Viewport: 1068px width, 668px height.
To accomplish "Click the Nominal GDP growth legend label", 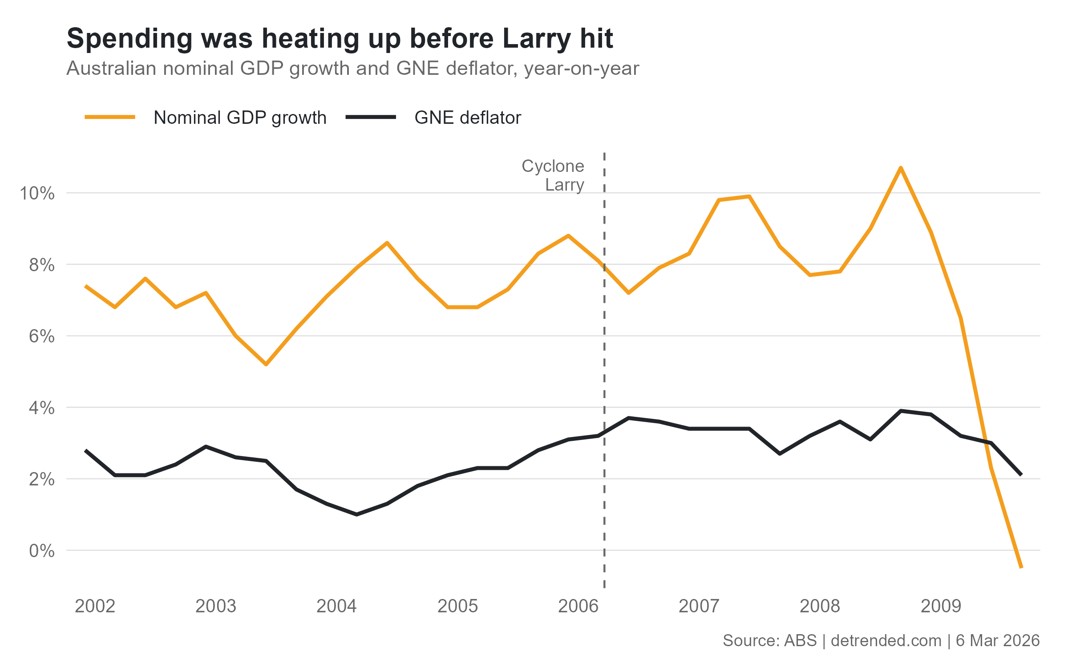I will tap(240, 118).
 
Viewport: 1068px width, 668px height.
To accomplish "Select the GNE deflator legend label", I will tap(467, 118).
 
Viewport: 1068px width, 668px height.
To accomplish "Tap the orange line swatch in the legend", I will tap(110, 117).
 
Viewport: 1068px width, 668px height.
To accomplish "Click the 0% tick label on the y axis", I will tap(42, 551).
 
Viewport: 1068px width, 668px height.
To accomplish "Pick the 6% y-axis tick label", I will tap(42, 336).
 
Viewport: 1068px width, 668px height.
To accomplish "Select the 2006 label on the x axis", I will tap(578, 606).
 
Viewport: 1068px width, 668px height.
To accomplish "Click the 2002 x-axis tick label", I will tap(95, 606).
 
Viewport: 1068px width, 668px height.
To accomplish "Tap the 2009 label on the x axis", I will tap(941, 606).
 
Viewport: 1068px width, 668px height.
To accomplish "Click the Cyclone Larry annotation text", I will tap(553, 175).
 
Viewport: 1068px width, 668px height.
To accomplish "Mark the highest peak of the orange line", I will tap(901, 168).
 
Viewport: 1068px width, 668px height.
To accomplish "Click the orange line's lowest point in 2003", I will tap(266, 364).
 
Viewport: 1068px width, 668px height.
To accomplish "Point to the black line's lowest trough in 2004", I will tap(357, 514).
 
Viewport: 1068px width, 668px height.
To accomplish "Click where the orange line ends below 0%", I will tap(1022, 567).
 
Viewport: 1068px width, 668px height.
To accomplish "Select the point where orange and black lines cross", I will tap(986, 441).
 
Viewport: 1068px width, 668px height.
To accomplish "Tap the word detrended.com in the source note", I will tap(886, 640).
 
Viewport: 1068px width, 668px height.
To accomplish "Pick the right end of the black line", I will tap(1021, 475).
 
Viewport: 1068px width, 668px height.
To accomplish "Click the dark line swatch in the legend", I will tap(371, 117).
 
